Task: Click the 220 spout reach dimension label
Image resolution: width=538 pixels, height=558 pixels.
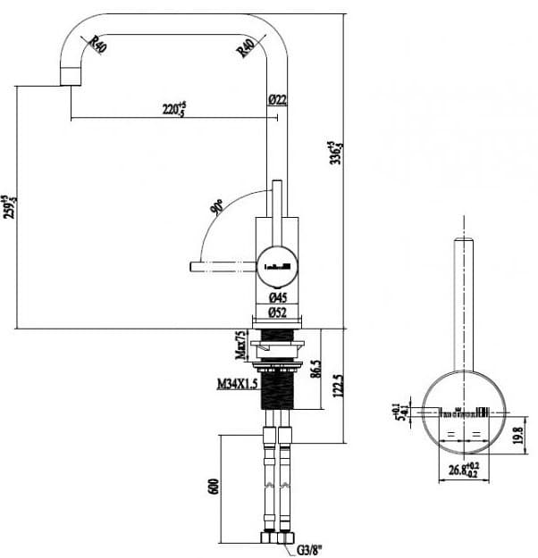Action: pos(172,109)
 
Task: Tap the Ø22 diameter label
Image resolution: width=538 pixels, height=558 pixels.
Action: pos(277,99)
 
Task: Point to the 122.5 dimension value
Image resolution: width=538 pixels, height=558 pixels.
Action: pos(338,387)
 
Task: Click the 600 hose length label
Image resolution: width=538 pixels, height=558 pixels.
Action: pos(213,487)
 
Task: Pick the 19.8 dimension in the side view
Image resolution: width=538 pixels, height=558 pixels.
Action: pos(519,435)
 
